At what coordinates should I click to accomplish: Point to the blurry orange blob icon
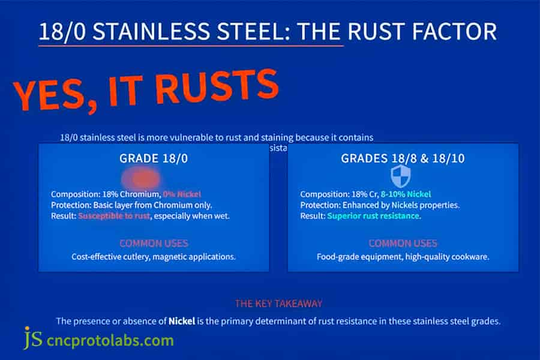[x=142, y=178]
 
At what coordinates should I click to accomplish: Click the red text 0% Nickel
[x=181, y=194]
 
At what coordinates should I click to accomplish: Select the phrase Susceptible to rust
[x=114, y=215]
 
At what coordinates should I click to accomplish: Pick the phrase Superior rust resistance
[x=373, y=215]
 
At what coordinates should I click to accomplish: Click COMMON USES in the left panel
[x=153, y=243]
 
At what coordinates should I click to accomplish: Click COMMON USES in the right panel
[x=403, y=243]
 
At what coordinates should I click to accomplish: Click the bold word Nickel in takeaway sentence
[x=181, y=321]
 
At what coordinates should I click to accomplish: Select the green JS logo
[x=33, y=339]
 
